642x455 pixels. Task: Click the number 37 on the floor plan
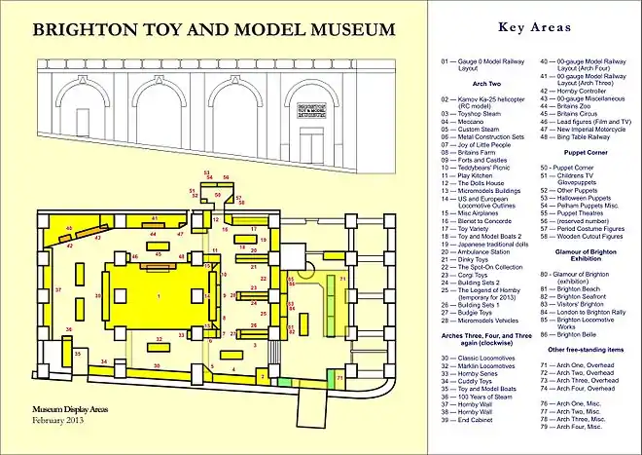58,290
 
